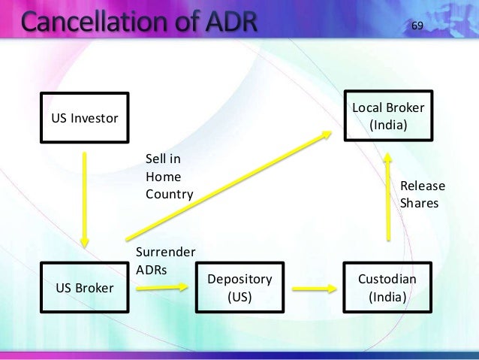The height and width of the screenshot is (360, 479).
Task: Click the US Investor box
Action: click(x=84, y=119)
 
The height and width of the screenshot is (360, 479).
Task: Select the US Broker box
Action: click(x=84, y=288)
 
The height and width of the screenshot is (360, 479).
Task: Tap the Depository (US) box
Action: click(x=239, y=288)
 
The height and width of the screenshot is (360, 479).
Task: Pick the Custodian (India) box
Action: click(x=387, y=288)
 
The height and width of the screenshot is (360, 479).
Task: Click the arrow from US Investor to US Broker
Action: click(x=85, y=199)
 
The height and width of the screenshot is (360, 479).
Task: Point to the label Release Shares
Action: click(x=422, y=195)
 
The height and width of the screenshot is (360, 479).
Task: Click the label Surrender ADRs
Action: click(x=165, y=260)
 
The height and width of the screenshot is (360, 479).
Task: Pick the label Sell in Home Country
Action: click(x=169, y=177)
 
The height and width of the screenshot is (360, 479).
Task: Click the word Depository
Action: click(x=239, y=280)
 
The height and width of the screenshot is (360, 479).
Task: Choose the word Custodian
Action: click(x=387, y=280)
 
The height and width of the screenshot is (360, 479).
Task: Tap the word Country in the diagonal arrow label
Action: click(x=169, y=194)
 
